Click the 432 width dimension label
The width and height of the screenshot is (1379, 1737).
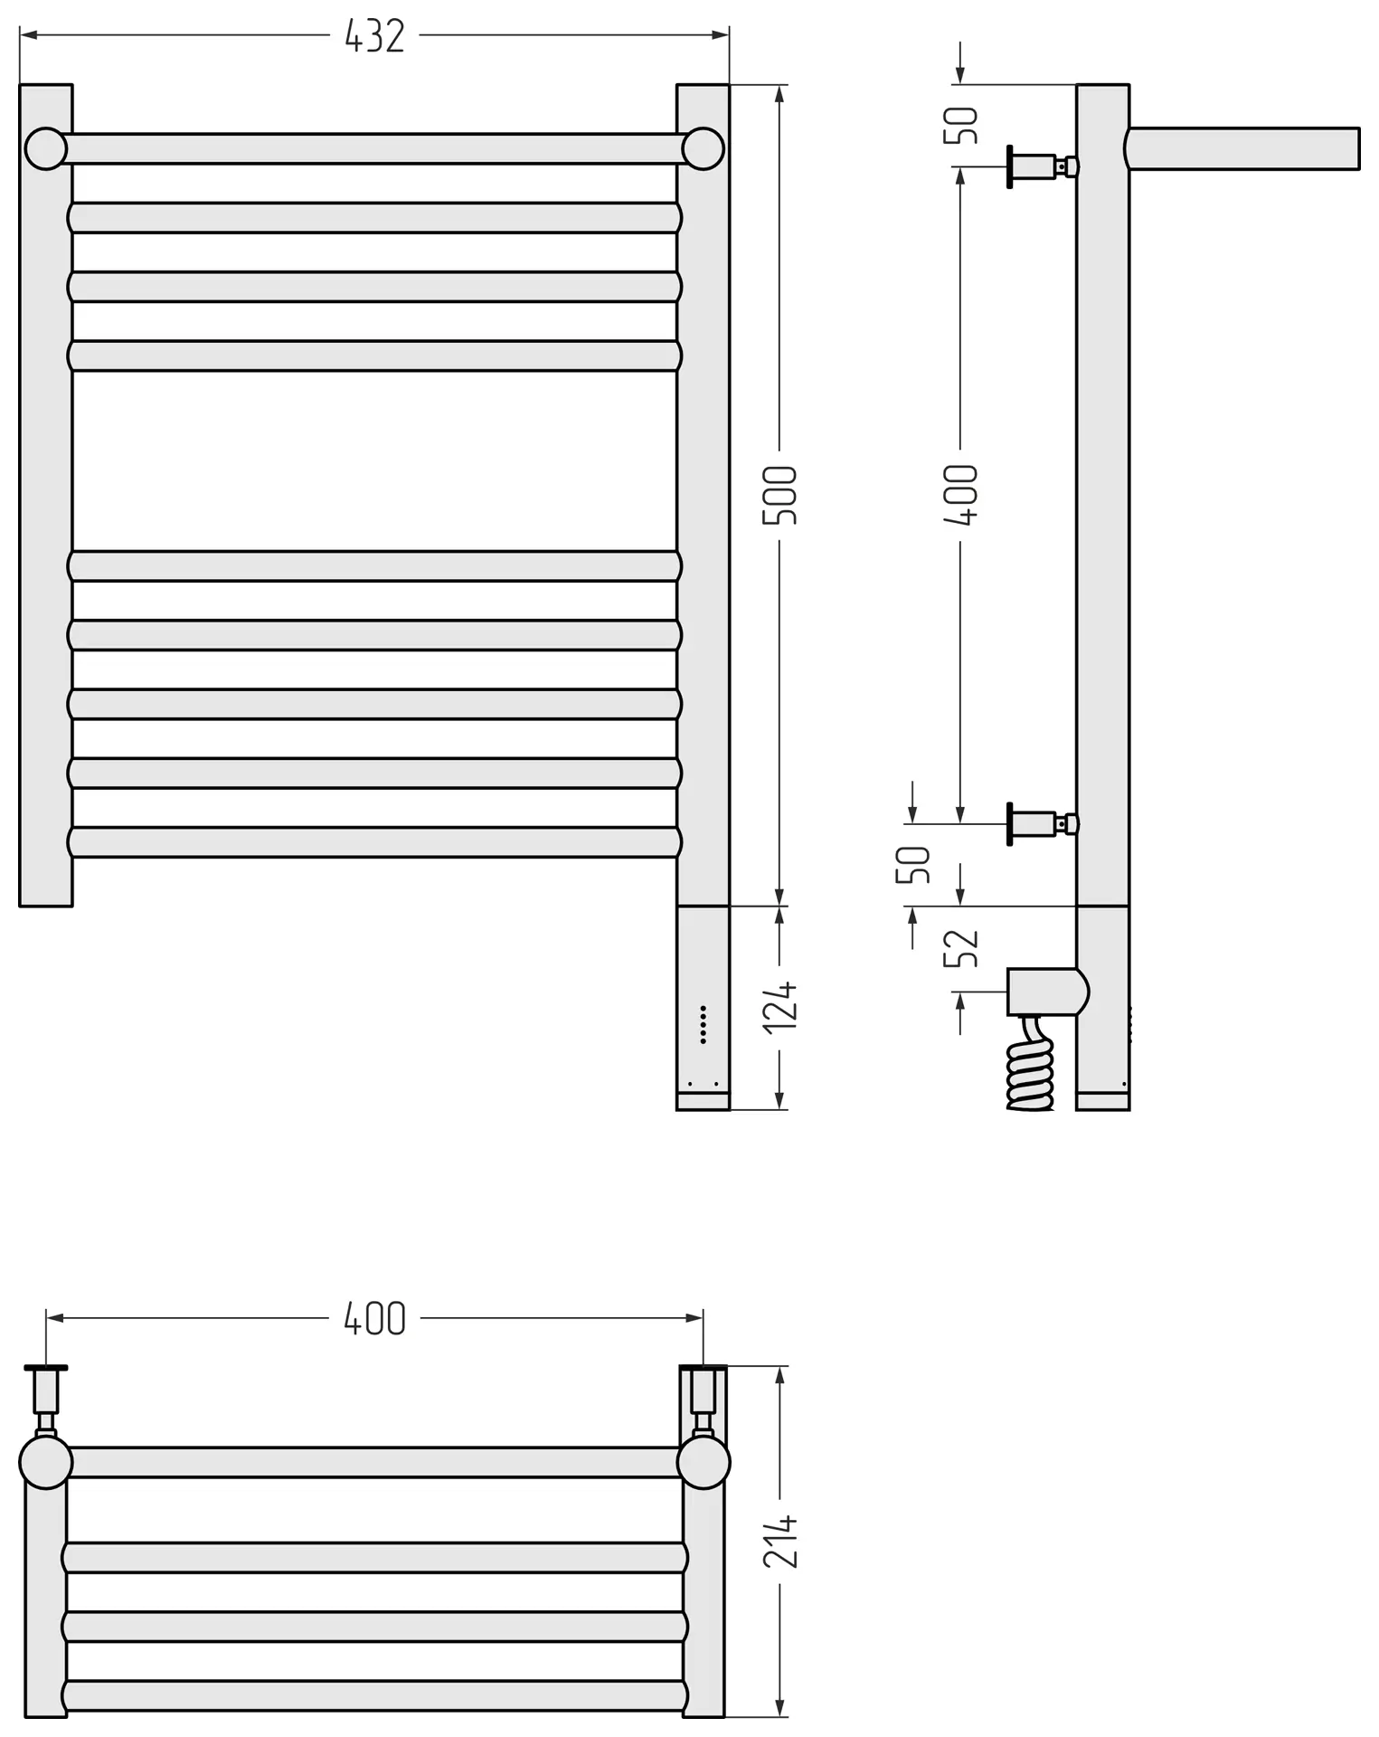pos(374,37)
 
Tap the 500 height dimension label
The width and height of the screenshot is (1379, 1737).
pos(779,495)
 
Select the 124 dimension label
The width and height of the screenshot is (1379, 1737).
pos(779,1005)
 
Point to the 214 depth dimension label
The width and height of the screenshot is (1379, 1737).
pos(779,1541)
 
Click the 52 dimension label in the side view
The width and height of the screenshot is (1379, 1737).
pos(960,947)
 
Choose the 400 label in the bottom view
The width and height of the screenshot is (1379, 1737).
pos(374,1319)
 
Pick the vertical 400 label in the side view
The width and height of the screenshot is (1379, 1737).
pos(960,495)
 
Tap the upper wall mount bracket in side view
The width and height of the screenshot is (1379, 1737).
pos(1042,166)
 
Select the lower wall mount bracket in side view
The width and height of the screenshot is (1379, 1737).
pos(1042,824)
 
